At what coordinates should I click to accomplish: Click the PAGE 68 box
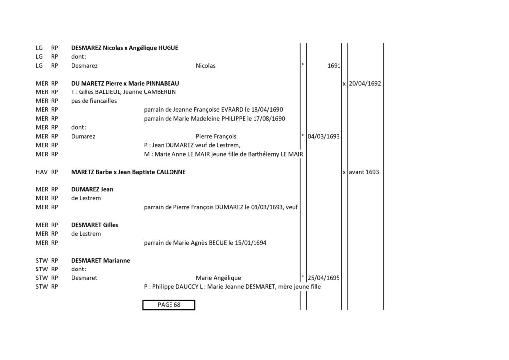point(169,305)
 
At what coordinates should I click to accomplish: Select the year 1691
point(334,66)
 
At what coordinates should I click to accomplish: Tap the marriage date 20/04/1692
point(365,84)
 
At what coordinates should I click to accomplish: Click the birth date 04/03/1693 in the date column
point(323,136)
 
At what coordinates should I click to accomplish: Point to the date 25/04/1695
point(323,278)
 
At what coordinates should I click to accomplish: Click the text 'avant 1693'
point(364,172)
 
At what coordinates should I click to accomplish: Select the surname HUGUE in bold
point(168,48)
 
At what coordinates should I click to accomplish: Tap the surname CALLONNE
point(171,172)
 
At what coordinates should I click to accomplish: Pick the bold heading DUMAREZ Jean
point(92,189)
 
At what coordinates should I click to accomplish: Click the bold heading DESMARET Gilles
point(94,225)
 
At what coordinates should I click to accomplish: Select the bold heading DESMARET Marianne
point(100,261)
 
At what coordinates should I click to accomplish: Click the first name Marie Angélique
point(218,278)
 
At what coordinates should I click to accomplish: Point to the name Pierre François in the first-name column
point(216,136)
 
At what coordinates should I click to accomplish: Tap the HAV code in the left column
point(42,172)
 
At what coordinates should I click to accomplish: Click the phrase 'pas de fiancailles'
point(94,101)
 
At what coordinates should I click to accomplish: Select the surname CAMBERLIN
point(160,92)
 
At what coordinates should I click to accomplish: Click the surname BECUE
point(218,243)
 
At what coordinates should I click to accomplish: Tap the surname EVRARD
point(232,110)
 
